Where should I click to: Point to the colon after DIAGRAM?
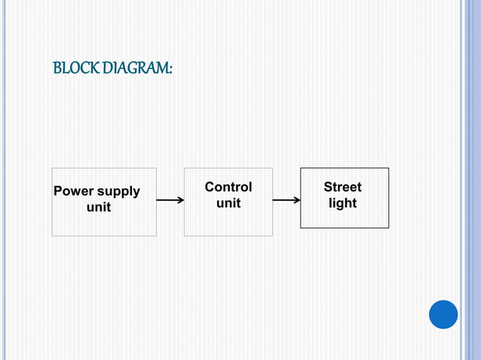170,69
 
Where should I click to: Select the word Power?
72,191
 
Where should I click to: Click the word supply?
116,191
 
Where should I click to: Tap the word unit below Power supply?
99,207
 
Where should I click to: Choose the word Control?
228,187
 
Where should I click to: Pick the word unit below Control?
228,203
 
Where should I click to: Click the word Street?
342,187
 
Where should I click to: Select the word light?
342,203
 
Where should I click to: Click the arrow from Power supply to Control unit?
170,200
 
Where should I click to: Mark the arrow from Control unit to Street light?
286,200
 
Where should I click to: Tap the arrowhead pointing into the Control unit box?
181,200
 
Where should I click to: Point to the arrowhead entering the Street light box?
297,200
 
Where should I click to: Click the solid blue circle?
443,314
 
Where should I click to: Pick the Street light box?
345,218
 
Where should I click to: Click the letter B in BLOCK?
57,69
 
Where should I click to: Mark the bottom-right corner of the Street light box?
388,227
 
